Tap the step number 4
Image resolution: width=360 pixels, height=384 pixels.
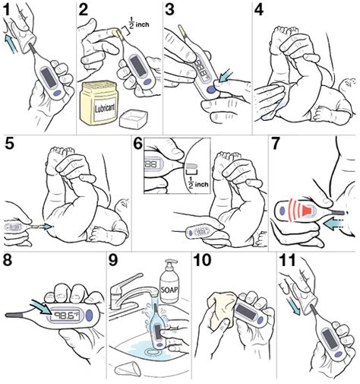262,10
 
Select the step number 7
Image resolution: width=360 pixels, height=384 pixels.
279,144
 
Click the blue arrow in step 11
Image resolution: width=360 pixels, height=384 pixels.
294,304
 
